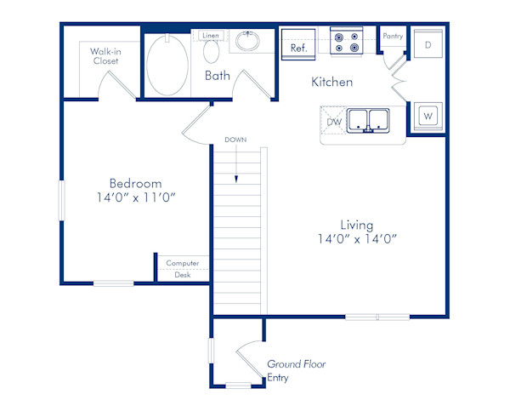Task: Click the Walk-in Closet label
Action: pyautogui.click(x=105, y=56)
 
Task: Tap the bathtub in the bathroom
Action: pyautogui.click(x=167, y=65)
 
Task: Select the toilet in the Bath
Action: pyautogui.click(x=212, y=52)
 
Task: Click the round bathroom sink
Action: pyautogui.click(x=249, y=41)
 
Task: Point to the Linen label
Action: pyautogui.click(x=211, y=35)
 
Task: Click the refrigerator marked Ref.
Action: pyautogui.click(x=298, y=48)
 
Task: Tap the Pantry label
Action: pyautogui.click(x=393, y=36)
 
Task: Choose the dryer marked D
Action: pyautogui.click(x=428, y=43)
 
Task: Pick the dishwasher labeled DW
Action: pyautogui.click(x=334, y=122)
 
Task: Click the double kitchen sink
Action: pyautogui.click(x=367, y=121)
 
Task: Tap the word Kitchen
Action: pyautogui.click(x=331, y=83)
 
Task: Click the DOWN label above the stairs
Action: pyautogui.click(x=235, y=139)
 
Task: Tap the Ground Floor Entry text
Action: pyautogui.click(x=295, y=370)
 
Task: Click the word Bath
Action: pyautogui.click(x=218, y=76)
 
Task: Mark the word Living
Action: pyautogui.click(x=357, y=225)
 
